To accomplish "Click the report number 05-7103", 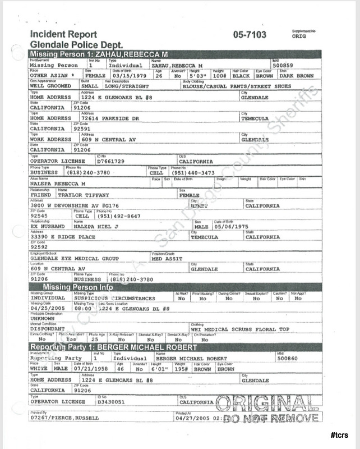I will pos(250,35).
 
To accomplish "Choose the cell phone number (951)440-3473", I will pos(193,172).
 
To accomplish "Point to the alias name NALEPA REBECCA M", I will pos(58,184).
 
